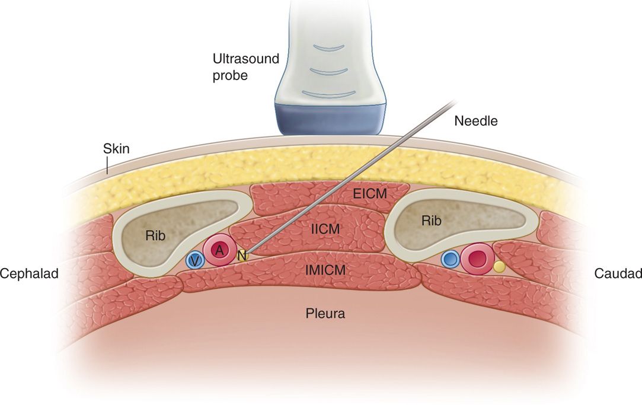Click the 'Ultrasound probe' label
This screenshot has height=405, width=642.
point(237,67)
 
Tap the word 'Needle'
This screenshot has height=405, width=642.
point(475,121)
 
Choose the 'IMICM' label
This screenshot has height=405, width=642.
point(325,270)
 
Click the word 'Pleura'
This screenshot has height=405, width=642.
point(325,313)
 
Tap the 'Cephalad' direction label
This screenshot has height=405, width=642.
point(28,273)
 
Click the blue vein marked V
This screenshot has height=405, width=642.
point(194,260)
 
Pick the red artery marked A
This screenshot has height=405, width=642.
point(219,251)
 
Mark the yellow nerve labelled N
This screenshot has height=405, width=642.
point(241,256)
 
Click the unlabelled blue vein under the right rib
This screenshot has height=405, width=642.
point(451,259)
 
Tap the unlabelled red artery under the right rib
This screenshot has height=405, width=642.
point(477,258)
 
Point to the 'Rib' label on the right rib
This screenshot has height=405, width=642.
point(431,221)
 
